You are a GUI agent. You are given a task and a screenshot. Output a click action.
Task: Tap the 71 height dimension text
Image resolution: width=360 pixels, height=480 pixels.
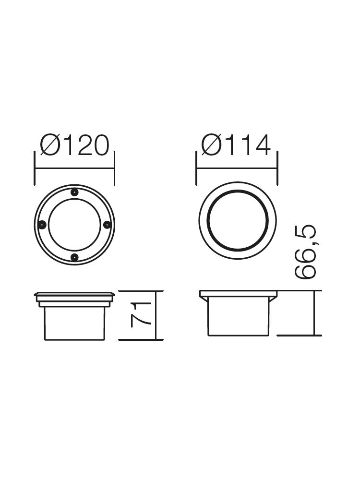point(141,315)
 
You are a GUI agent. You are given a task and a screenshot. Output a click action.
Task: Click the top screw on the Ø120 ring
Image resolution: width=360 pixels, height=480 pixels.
point(74,192)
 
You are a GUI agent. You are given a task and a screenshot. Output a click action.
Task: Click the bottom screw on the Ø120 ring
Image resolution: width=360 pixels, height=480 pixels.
point(74,257)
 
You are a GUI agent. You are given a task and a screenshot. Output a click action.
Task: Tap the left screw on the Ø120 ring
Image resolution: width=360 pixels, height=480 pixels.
point(42,225)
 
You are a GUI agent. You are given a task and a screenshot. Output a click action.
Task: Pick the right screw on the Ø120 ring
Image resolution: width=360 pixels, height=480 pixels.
point(107,225)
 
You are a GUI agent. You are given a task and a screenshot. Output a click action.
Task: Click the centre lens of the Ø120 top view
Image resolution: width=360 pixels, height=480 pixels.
point(74,225)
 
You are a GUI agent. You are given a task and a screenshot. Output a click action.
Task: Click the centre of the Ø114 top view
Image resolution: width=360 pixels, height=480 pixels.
point(238,220)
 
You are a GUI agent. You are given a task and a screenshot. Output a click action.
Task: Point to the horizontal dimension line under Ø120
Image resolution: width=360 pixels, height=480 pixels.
point(74,168)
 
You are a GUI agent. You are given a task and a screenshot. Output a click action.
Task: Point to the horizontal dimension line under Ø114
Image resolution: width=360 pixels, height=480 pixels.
point(237,168)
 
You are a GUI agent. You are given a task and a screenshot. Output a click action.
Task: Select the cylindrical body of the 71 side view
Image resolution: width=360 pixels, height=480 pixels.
point(74,323)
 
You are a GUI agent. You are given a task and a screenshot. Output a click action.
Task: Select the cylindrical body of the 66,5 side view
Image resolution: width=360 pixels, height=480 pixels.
point(238,317)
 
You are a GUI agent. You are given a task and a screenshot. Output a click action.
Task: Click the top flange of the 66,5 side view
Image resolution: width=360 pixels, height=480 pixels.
point(238,293)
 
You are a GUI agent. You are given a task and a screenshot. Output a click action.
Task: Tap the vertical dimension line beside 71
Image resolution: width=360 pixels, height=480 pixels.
point(156,315)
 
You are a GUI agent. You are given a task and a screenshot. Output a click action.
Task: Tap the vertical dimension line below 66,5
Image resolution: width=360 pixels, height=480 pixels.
point(314,313)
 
